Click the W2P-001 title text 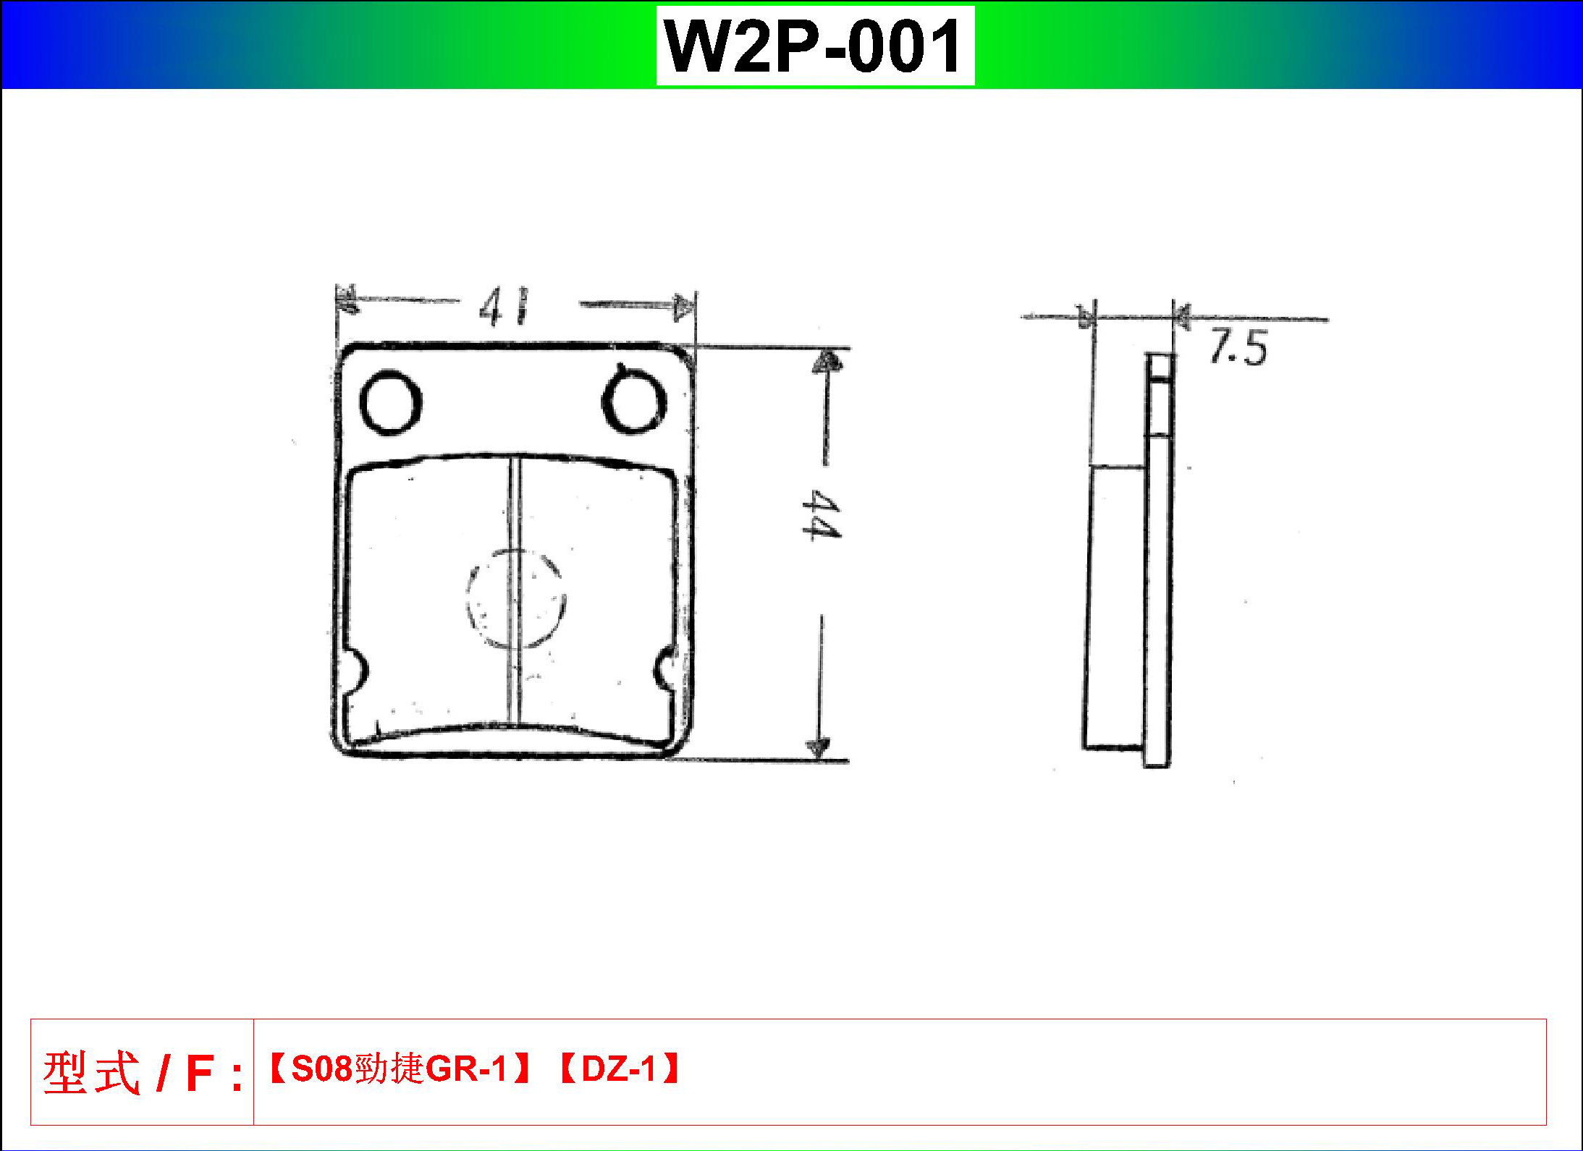tap(815, 46)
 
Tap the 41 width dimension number tap(505, 307)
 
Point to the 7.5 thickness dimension tap(1238, 348)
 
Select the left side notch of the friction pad tap(358, 671)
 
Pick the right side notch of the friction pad tap(664, 669)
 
